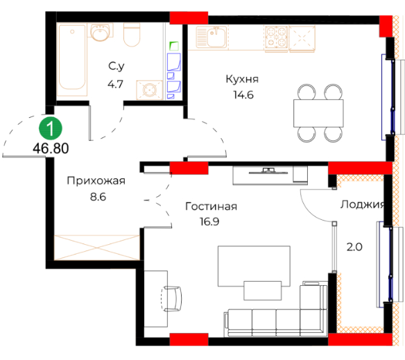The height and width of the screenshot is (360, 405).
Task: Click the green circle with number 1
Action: (x=51, y=128)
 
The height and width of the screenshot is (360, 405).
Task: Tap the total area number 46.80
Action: (x=51, y=148)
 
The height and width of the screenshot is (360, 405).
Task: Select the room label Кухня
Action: (x=242, y=79)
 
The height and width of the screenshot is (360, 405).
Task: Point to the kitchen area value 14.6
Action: (x=243, y=95)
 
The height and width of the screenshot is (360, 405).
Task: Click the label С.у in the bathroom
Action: (x=117, y=66)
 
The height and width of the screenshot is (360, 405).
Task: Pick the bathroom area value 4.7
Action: (x=115, y=84)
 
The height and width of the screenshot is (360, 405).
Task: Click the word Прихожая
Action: (x=96, y=180)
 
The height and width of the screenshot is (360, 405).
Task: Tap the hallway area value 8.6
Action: (x=98, y=197)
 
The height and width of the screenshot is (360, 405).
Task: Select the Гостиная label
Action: (x=211, y=206)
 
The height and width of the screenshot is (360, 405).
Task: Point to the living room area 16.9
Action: (x=209, y=221)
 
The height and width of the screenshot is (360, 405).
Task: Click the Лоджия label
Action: (x=362, y=205)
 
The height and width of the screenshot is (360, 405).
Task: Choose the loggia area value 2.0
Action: (x=354, y=247)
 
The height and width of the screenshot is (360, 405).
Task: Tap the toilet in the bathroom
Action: (x=132, y=35)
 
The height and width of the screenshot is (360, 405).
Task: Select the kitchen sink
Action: (x=212, y=37)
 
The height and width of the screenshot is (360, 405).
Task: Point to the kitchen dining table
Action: (x=318, y=113)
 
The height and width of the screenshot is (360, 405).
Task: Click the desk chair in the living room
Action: (x=171, y=299)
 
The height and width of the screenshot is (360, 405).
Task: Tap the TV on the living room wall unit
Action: (x=268, y=171)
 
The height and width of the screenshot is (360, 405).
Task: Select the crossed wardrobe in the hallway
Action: (x=97, y=248)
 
